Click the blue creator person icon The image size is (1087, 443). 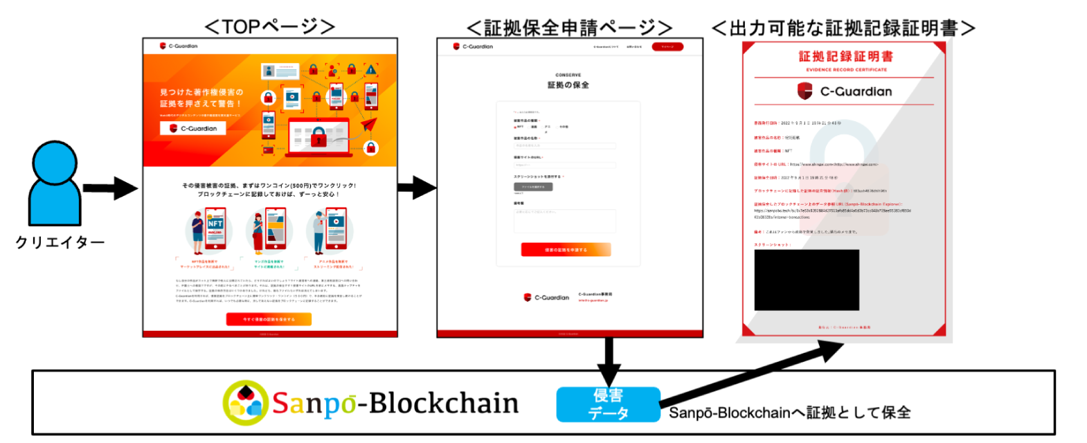(55, 183)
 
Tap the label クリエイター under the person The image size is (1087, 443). (60, 242)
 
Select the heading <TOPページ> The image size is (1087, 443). (270, 26)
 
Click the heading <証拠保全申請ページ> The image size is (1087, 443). (569, 28)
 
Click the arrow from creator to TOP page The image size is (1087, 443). (111, 188)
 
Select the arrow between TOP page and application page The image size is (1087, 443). (417, 187)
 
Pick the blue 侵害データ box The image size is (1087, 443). (608, 404)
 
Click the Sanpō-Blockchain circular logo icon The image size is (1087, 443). (244, 402)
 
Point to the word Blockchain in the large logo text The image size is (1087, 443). (444, 403)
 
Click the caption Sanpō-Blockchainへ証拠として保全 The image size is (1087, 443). (789, 413)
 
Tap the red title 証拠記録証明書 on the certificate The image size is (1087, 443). (845, 57)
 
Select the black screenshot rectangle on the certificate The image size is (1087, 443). (807, 280)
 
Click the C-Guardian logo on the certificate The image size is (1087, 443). (845, 91)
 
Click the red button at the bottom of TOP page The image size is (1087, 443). (269, 319)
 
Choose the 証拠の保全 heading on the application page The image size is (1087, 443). (568, 85)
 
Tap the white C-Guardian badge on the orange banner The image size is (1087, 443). (192, 128)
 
